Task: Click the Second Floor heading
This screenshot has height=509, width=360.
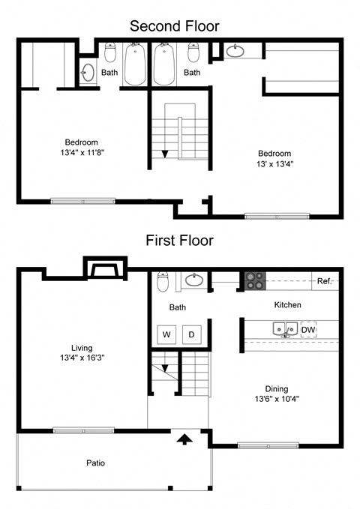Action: tap(175, 26)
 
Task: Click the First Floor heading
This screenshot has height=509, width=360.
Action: tap(179, 241)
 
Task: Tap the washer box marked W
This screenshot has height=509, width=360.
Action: tap(166, 334)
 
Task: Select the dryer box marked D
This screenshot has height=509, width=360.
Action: tap(191, 334)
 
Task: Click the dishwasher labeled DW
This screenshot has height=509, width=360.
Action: tap(308, 330)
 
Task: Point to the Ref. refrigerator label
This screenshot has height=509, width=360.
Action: tap(324, 281)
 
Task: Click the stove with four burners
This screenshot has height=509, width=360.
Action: tap(255, 281)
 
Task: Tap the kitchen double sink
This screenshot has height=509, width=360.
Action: tap(285, 329)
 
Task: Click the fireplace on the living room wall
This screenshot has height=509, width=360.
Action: tap(105, 269)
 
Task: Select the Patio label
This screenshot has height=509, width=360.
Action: tap(95, 463)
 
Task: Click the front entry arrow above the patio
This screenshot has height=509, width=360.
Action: tap(184, 439)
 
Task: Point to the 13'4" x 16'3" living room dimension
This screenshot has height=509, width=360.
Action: tap(82, 358)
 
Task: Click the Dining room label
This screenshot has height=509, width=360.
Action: tap(277, 388)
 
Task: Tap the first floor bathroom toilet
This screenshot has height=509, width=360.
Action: tap(163, 281)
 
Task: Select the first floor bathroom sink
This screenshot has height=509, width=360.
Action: tap(194, 280)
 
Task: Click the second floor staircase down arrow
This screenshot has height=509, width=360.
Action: tap(165, 154)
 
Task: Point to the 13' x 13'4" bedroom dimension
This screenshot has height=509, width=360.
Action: tap(274, 164)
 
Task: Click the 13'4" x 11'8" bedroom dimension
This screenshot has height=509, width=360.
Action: tap(82, 152)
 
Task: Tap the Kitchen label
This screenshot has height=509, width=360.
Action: tap(287, 305)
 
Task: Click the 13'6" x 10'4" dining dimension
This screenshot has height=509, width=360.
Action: tap(277, 399)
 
